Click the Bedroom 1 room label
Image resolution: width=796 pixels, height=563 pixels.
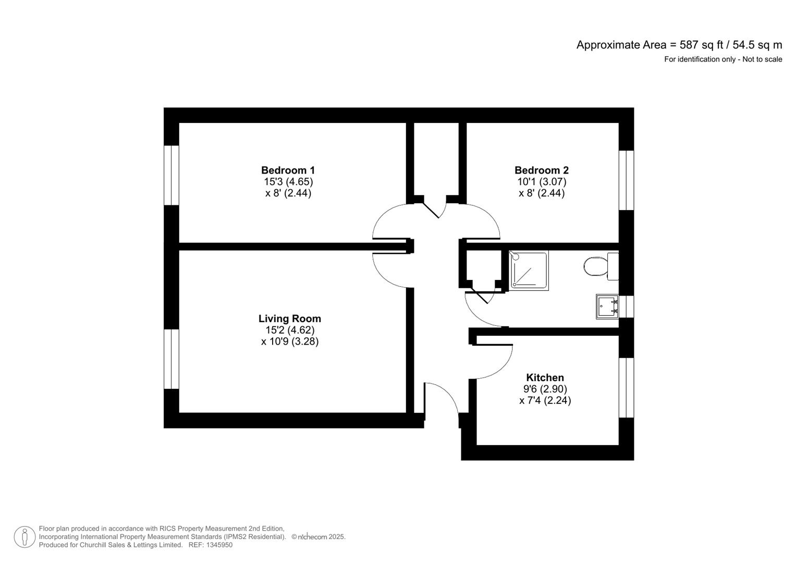point(288,170)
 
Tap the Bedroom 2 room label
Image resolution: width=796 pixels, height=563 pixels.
point(541,170)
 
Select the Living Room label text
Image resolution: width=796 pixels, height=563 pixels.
point(289,319)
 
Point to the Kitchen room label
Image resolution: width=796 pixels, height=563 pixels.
point(545,377)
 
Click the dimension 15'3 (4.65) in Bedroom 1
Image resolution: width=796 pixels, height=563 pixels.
point(288,181)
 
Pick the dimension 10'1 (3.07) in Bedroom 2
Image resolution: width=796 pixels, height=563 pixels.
point(541,181)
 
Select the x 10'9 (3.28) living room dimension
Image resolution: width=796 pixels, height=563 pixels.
point(289,341)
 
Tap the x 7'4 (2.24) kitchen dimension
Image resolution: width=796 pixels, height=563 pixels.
point(545,400)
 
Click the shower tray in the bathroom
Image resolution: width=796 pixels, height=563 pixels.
point(529,270)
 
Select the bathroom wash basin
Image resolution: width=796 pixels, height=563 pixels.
point(607,307)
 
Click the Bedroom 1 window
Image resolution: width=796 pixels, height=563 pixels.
point(172,175)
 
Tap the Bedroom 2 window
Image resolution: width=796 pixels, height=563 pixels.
point(626,180)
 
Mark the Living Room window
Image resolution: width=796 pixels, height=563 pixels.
point(172,359)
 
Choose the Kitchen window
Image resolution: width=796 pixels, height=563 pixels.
point(626,387)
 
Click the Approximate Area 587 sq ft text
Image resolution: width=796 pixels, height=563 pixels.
point(679,45)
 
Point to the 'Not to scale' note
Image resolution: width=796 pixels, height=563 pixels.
point(762,59)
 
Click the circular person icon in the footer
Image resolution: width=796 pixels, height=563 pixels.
point(25,537)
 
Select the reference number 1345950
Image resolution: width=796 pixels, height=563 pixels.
point(219,545)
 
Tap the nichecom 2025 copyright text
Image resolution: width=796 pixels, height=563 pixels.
point(318,537)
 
